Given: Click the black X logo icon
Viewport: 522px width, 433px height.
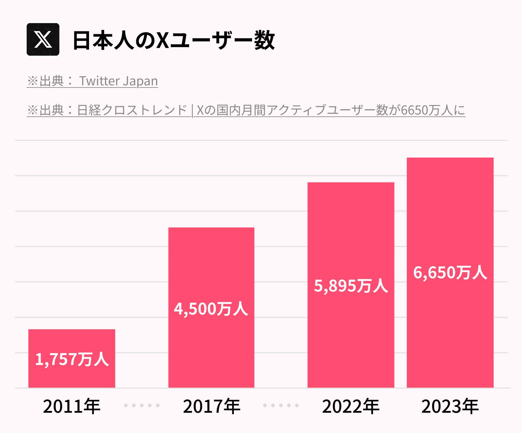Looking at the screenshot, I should pyautogui.click(x=43, y=39).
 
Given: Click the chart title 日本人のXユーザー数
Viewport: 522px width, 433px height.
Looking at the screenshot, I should pyautogui.click(x=173, y=40).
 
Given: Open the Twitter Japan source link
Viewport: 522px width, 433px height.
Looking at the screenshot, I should pyautogui.click(x=92, y=81).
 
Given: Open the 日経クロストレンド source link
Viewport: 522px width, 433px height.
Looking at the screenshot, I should pyautogui.click(x=246, y=110).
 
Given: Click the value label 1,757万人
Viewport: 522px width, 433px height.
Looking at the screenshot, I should pyautogui.click(x=72, y=359).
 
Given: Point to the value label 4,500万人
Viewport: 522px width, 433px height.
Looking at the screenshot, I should pyautogui.click(x=211, y=309).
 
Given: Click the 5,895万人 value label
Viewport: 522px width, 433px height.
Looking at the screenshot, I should pyautogui.click(x=351, y=286).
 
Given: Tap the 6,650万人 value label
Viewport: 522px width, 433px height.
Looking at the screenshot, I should pyautogui.click(x=450, y=273).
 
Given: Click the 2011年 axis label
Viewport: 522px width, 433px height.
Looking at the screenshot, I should pyautogui.click(x=72, y=406).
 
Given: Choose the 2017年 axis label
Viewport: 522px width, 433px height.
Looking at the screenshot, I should pyautogui.click(x=211, y=406).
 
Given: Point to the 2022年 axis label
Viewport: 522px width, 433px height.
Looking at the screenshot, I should pyautogui.click(x=351, y=406).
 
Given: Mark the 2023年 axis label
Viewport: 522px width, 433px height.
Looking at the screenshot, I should pyautogui.click(x=450, y=406).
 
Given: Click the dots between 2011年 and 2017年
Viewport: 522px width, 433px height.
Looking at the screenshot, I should pyautogui.click(x=142, y=405).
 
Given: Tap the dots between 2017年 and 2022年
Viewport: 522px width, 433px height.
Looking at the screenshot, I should pyautogui.click(x=281, y=405).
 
